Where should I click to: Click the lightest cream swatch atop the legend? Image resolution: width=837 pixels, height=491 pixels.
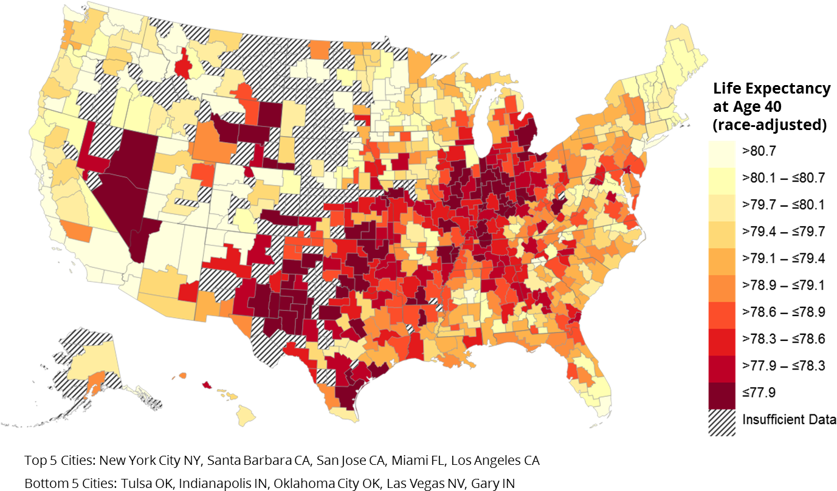coord(722,154)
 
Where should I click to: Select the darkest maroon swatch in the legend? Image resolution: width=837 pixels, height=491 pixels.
coord(722,396)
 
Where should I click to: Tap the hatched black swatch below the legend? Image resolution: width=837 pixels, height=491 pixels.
coord(722,422)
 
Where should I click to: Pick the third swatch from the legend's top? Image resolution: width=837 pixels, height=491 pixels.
coord(722,207)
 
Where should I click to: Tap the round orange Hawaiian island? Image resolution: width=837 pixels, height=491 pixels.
coord(183,376)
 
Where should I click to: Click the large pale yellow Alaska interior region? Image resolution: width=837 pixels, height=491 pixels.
coord(85,365)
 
